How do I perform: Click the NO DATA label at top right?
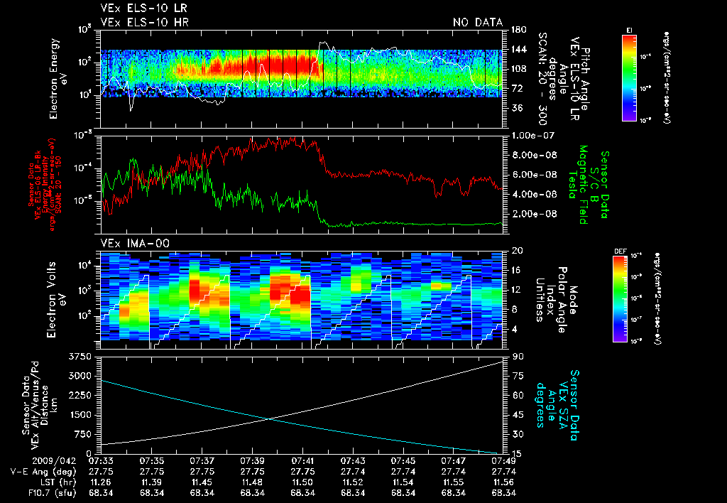(x=478, y=22)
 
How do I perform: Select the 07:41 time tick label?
(x=303, y=460)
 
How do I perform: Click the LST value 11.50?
(x=303, y=481)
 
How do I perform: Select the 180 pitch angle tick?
(x=518, y=29)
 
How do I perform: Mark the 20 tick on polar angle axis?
(x=516, y=250)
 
